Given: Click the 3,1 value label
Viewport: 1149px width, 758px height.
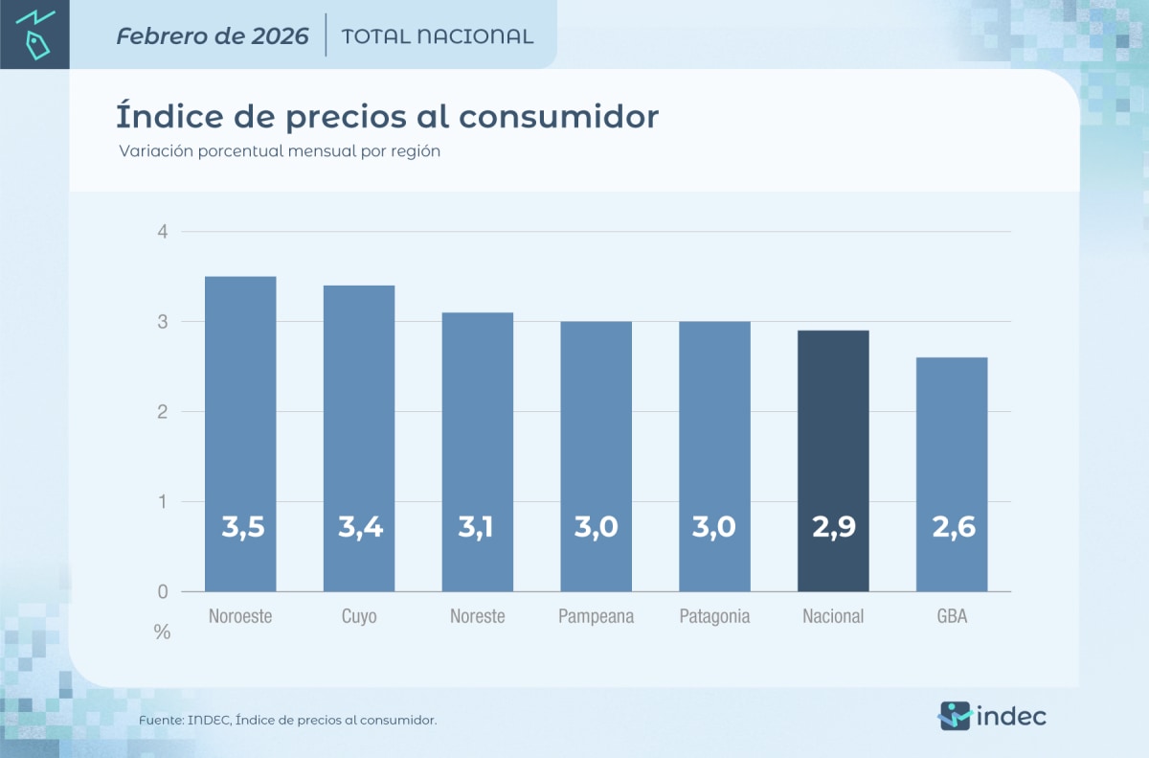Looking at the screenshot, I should [477, 527].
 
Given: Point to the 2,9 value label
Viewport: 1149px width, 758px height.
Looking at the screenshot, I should [833, 527].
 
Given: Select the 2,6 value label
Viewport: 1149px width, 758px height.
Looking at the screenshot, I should [952, 527].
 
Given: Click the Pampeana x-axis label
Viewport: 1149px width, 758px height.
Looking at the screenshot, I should [596, 616].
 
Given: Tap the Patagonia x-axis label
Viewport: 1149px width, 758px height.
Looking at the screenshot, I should [714, 616].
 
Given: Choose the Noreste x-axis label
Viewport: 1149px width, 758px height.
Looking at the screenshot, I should [477, 616].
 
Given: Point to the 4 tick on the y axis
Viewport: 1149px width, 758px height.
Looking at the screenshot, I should [163, 232].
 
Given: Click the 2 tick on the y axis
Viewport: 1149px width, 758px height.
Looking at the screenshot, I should [163, 412].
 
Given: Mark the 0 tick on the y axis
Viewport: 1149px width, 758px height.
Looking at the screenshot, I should [163, 592].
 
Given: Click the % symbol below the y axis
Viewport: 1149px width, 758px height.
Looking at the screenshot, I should [163, 632].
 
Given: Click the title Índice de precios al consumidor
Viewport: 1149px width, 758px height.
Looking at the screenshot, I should [387, 117].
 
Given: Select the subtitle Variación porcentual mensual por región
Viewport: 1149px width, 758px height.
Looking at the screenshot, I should [280, 151].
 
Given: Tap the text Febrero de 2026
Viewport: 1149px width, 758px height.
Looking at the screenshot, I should [213, 36].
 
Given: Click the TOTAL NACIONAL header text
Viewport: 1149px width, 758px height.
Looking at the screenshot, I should [437, 36].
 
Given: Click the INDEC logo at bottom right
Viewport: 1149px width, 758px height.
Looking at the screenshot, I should [991, 715].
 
